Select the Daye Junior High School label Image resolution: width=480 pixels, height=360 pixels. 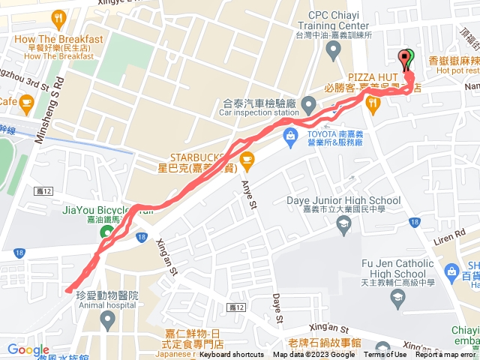point(344,201)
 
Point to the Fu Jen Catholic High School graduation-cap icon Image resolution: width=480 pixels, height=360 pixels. point(395,298)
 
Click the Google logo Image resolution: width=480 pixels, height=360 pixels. point(28,349)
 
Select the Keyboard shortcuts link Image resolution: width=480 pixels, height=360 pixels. point(232,355)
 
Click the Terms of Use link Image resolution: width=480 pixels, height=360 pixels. point(385,355)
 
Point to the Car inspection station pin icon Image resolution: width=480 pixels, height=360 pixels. point(308,104)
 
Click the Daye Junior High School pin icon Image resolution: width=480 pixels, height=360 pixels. point(343,224)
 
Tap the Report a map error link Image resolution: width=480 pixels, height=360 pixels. point(447,355)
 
